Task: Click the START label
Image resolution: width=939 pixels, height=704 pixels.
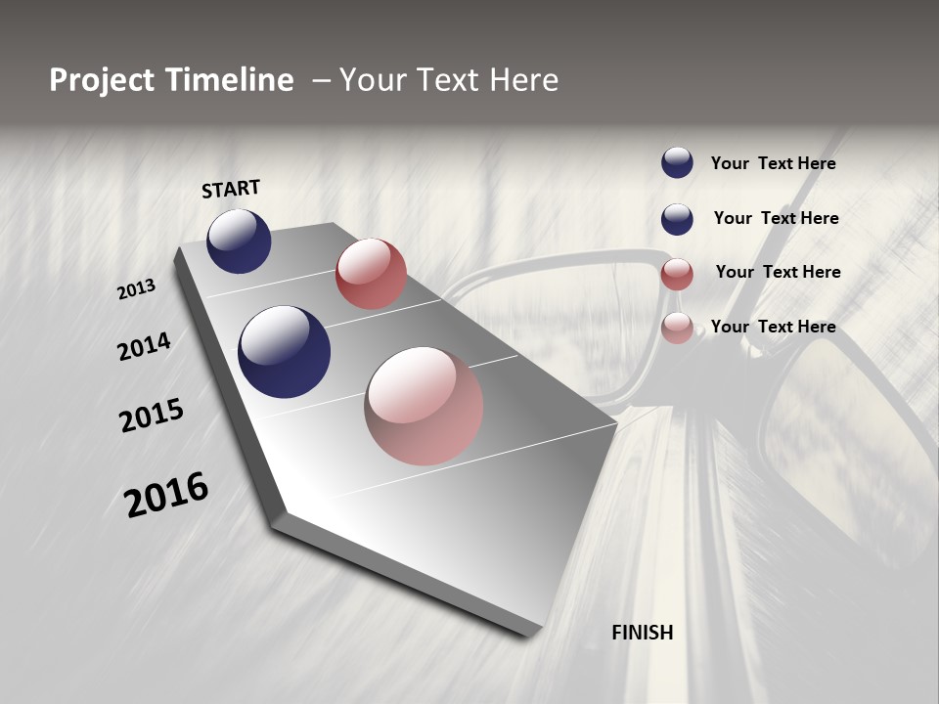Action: coord(231,189)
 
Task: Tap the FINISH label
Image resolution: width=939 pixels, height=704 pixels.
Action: coord(643,633)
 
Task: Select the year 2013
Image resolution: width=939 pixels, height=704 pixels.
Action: coord(136,289)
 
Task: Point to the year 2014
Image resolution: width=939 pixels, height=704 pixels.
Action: coord(144,347)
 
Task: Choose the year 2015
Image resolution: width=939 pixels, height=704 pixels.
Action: coord(152,416)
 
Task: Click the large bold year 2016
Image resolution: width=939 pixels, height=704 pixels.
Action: coord(166,495)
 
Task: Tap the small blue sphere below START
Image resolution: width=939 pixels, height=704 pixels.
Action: coord(239,241)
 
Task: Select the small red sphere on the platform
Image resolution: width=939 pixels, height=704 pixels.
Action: coord(371,274)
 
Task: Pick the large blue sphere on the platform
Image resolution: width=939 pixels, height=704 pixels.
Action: coord(284,352)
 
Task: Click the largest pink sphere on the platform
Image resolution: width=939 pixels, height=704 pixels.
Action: coord(424,406)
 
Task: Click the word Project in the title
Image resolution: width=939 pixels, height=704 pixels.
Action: coord(103,80)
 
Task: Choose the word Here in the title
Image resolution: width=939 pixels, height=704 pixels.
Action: coord(523,80)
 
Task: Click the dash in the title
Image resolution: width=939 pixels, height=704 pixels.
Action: coord(321,80)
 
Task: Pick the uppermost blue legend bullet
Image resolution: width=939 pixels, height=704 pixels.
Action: coord(677,163)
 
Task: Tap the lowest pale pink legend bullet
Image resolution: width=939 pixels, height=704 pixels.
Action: coord(677,328)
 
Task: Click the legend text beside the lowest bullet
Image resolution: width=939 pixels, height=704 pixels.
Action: coord(773,327)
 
